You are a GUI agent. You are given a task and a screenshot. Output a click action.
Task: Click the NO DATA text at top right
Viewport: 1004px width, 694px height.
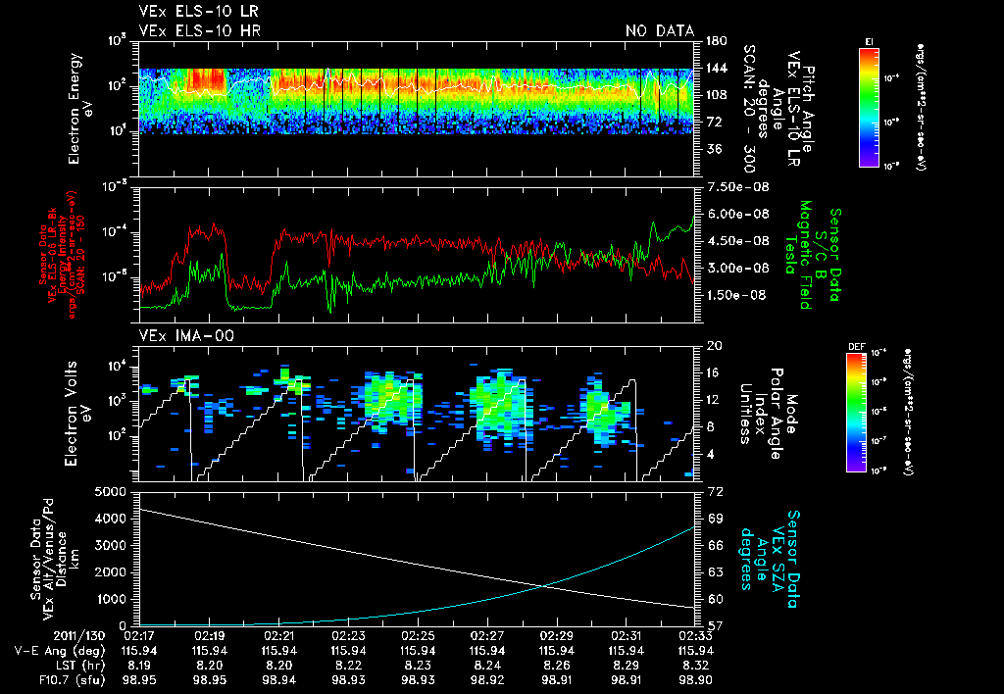(x=660, y=31)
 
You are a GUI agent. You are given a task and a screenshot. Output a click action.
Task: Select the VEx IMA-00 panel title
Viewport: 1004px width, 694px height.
(x=176, y=336)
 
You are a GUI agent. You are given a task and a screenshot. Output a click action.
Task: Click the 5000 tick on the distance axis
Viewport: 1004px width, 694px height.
(x=114, y=490)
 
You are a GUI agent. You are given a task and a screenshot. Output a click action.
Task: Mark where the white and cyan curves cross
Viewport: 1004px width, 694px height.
(x=544, y=586)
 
